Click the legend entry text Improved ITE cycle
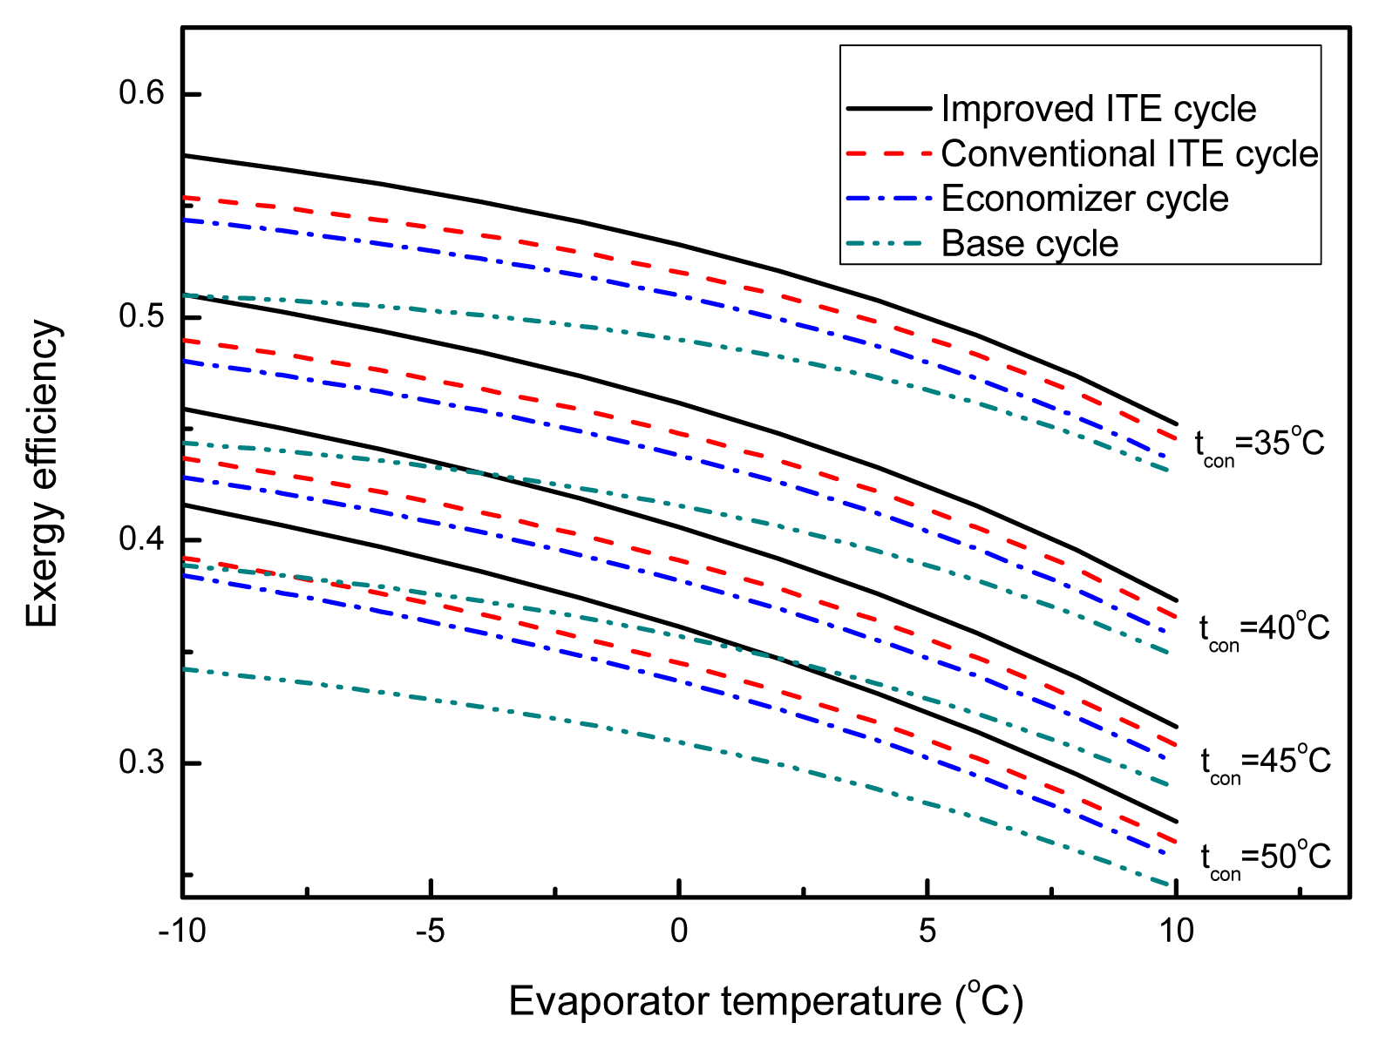pos(1098,110)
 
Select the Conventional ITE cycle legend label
pos(1130,154)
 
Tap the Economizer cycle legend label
pos(1084,200)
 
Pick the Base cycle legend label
pos(1029,244)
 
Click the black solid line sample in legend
pos(888,109)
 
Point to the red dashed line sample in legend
pos(888,154)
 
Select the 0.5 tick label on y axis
pos(141,316)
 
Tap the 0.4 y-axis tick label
pos(141,539)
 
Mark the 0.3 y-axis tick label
pos(141,762)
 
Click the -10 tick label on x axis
pos(182,931)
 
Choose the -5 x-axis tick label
pos(431,931)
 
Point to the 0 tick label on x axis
pos(679,931)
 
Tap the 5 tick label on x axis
pos(927,931)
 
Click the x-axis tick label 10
pos(1176,931)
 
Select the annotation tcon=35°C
pos(1260,444)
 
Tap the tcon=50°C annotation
pos(1266,858)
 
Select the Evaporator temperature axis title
pos(765,1002)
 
